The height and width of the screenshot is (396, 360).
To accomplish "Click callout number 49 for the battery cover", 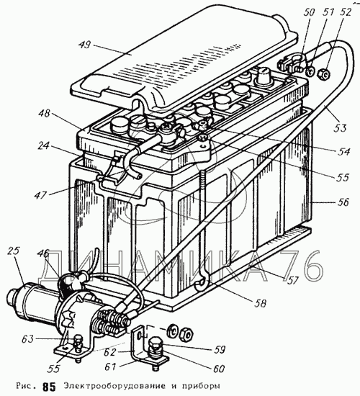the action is [x=84, y=45].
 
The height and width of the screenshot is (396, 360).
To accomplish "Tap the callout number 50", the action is [x=308, y=12].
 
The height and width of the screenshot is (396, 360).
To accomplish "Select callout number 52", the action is [x=345, y=12].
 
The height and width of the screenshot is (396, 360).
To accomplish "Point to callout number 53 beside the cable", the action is [x=340, y=127].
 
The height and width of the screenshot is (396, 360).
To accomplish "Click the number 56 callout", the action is [x=341, y=202].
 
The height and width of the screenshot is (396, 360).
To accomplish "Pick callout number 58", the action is [x=260, y=303].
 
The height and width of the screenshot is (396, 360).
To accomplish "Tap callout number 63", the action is [x=27, y=339].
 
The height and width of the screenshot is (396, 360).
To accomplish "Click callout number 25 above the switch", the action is [x=13, y=251].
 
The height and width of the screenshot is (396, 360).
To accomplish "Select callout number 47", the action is [x=40, y=194].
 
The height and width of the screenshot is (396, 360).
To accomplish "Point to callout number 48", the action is [x=44, y=113].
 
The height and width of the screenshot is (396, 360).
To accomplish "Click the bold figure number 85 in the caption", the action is [x=49, y=387].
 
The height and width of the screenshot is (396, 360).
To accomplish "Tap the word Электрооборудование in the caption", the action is [x=114, y=386].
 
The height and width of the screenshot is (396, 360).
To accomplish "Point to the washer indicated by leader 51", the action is [x=310, y=71].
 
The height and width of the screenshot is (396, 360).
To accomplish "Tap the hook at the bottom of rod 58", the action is [x=202, y=284].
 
